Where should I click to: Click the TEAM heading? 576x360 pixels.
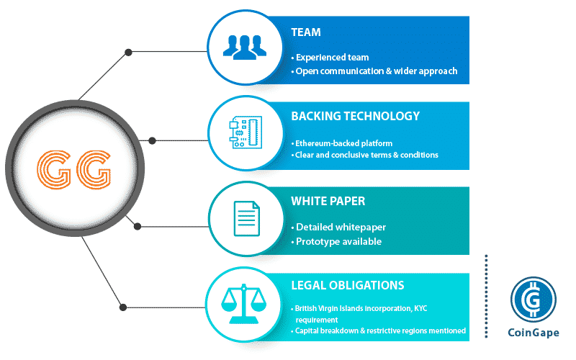[x=305, y=32]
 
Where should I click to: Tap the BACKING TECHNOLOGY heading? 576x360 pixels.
[x=355, y=116]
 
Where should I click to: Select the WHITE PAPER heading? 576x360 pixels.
[x=328, y=202]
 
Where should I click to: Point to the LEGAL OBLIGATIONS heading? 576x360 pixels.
[x=348, y=285]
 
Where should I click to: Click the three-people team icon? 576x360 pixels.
[x=245, y=47]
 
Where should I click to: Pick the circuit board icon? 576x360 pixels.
[x=246, y=132]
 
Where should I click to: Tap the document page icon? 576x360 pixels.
[x=247, y=219]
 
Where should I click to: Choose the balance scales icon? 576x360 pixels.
[x=243, y=303]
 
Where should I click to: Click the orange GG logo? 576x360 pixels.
[x=74, y=169]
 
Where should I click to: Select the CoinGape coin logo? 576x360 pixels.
[x=533, y=300]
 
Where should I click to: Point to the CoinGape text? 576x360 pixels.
[x=534, y=333]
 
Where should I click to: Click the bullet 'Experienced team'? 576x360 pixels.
[x=330, y=58]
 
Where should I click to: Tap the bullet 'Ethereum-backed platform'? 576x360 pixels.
[x=341, y=143]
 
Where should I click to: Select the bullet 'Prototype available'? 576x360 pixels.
[x=336, y=242]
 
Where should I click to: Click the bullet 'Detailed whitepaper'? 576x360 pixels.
[x=338, y=228]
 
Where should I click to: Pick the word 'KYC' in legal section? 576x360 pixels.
[x=420, y=309]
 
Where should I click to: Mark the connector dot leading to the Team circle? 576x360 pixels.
[x=128, y=52]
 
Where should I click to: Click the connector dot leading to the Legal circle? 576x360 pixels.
[x=123, y=307]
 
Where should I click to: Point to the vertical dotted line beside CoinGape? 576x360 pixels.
[x=486, y=296]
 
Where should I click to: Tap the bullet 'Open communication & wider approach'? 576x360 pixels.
[x=374, y=71]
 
